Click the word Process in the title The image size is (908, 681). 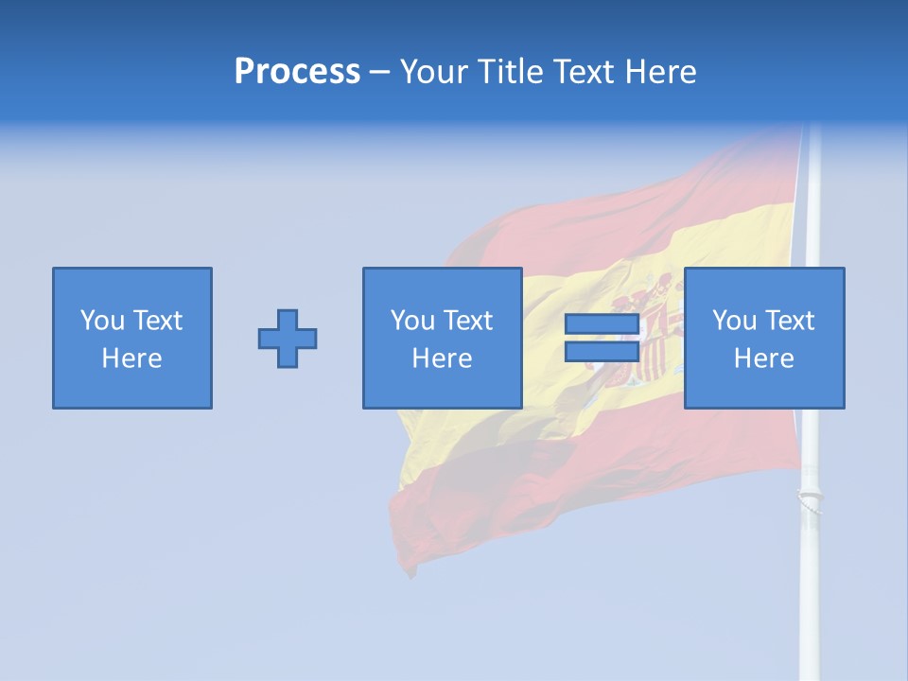click(x=297, y=72)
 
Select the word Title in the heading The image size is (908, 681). click(x=512, y=72)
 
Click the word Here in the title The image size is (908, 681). click(x=658, y=72)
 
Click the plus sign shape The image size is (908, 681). click(x=288, y=338)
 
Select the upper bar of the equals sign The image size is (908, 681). click(x=602, y=324)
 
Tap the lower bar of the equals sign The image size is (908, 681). click(x=602, y=351)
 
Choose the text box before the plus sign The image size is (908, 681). click(x=132, y=338)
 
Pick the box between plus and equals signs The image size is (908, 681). click(x=442, y=338)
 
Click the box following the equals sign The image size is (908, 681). click(x=764, y=338)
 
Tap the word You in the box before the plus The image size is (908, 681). click(x=101, y=321)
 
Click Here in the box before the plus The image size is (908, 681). click(x=132, y=358)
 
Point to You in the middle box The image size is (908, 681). click(x=411, y=321)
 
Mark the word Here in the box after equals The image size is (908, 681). click(x=764, y=358)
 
